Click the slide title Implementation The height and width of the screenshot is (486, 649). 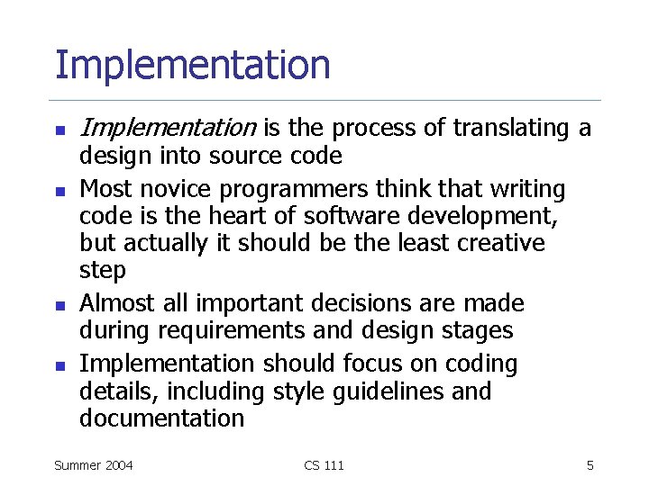192,66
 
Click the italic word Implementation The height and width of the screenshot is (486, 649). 168,129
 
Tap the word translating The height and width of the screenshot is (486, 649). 507,129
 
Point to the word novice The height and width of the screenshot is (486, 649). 170,189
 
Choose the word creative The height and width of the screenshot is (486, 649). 500,243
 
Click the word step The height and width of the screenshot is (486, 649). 103,270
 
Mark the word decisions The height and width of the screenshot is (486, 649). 351,303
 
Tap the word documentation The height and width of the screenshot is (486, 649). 162,418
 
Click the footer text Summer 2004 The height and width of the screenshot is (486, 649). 94,465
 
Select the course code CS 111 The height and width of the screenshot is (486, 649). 324,465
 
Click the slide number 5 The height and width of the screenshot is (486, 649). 590,465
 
